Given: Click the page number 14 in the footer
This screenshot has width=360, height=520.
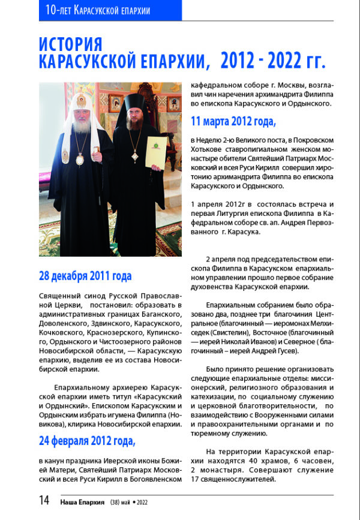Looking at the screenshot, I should point(44,500).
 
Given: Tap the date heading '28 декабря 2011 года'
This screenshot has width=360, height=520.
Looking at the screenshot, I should point(85,276).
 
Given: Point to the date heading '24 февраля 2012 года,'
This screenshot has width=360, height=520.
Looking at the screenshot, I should point(88,442).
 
